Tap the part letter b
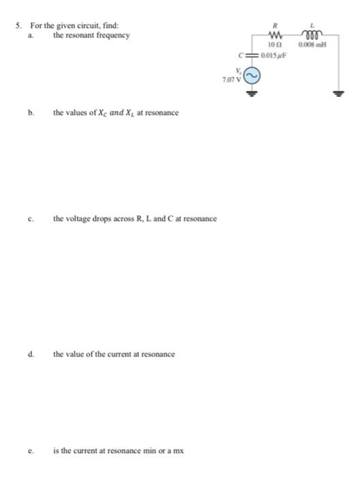coord(31,112)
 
